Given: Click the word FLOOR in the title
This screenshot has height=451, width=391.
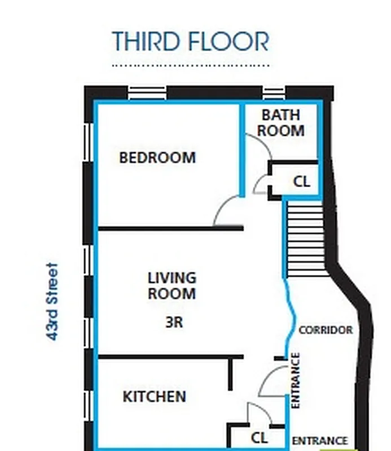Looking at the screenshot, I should click(x=233, y=42).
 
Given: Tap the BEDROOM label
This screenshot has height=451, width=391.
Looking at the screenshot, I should click(x=157, y=158).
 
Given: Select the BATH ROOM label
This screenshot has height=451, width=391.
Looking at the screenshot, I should click(x=281, y=123).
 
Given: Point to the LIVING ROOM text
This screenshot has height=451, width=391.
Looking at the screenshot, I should click(x=172, y=286).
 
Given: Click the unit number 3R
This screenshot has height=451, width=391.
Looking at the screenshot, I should click(x=172, y=323).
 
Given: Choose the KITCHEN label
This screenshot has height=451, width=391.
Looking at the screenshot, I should click(x=154, y=396).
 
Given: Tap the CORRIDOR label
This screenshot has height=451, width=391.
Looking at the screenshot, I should click(x=325, y=330).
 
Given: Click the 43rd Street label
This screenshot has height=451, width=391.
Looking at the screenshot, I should click(x=52, y=301).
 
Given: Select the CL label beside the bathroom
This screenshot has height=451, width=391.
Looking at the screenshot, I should click(x=301, y=182).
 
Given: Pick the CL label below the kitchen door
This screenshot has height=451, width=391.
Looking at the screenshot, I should click(x=259, y=437).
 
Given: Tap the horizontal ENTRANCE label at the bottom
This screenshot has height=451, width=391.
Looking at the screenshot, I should click(x=319, y=441).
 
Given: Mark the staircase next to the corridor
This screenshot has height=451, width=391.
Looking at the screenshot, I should click(x=304, y=240).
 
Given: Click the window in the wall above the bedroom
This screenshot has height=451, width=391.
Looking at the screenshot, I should click(x=147, y=92).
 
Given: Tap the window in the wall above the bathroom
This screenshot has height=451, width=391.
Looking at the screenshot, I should click(x=274, y=92).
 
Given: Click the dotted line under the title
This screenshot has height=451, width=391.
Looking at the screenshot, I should click(x=191, y=65).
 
